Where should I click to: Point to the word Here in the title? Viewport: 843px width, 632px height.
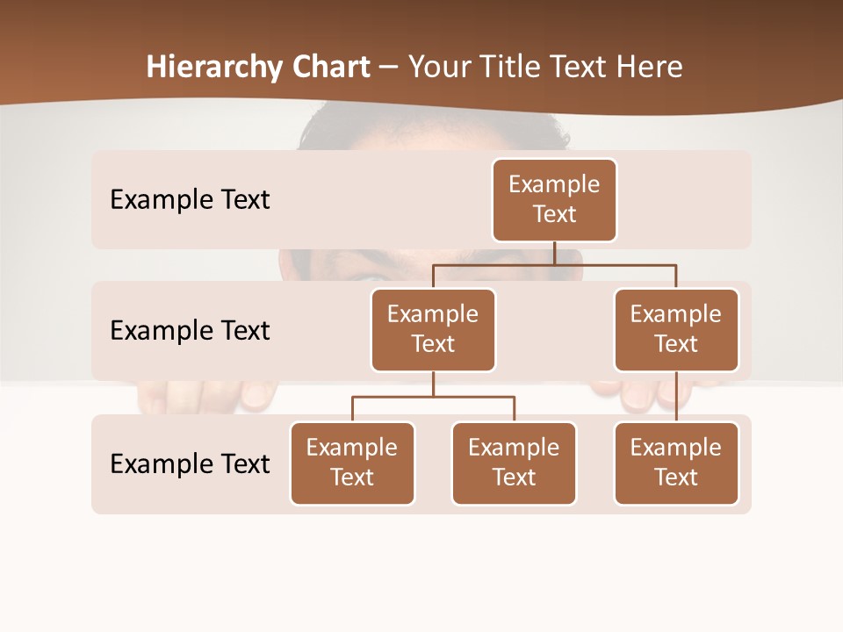click(x=649, y=67)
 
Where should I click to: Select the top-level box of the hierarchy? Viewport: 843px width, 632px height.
click(x=554, y=200)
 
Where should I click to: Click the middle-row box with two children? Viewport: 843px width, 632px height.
click(x=433, y=330)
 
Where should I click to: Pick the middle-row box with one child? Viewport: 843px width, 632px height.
click(x=676, y=330)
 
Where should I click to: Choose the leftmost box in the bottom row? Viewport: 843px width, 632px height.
click(x=352, y=463)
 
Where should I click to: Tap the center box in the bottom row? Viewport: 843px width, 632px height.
click(x=514, y=463)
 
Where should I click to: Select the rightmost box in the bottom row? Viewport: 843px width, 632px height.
click(x=676, y=463)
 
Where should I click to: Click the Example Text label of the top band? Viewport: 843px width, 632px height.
click(x=190, y=200)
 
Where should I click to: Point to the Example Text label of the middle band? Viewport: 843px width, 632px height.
click(x=190, y=331)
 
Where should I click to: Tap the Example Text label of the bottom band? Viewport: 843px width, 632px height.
click(x=190, y=464)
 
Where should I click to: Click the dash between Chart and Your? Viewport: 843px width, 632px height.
click(x=389, y=68)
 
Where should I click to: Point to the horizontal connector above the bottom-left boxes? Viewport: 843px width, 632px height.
click(x=433, y=397)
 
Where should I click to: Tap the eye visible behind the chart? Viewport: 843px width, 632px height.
click(x=369, y=277)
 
